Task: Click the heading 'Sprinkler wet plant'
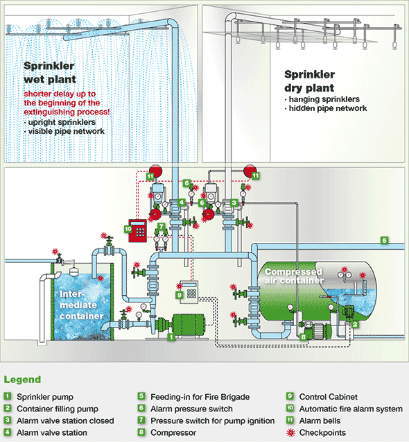pos(50,73)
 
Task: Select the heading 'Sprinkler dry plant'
pos(310,81)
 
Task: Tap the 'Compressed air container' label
pos(293,276)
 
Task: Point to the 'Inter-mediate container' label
pos(81,305)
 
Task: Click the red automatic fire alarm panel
pos(137,230)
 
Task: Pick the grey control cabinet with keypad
pos(189,291)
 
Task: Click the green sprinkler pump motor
pos(188,325)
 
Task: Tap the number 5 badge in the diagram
pos(385,241)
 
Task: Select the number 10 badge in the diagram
pos(128,229)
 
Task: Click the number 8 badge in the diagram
pos(304,337)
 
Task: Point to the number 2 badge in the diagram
pos(355,325)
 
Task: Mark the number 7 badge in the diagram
pos(161,226)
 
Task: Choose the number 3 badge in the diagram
pos(234,203)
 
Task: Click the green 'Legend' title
pos(23,380)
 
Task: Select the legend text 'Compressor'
pos(173,432)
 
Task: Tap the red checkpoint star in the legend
pos(290,432)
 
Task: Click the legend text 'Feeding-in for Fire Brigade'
pos(200,397)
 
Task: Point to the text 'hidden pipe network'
pos(328,108)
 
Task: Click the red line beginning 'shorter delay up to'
pos(60,94)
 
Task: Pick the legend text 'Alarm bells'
pos(320,420)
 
